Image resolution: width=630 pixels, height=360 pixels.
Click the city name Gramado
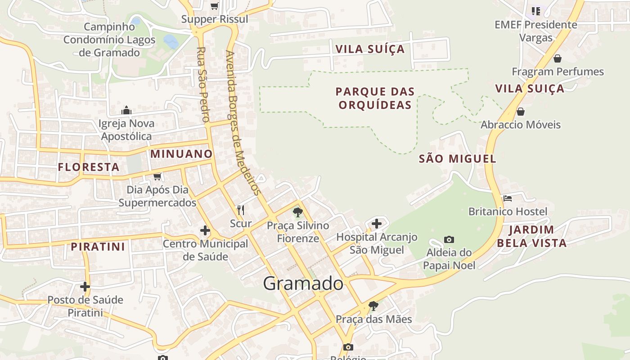coord(303,283)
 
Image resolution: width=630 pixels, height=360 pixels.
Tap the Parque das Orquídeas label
coord(375,99)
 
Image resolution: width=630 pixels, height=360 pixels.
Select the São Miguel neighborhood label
coord(457,159)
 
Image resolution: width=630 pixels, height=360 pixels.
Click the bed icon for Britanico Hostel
coord(508,198)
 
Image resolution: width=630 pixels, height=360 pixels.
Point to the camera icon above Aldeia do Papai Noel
coord(449,239)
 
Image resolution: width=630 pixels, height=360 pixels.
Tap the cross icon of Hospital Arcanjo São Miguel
coord(376,223)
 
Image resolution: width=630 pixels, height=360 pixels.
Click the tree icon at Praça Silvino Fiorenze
coord(297,212)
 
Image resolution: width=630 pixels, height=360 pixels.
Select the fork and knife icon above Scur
coord(241,210)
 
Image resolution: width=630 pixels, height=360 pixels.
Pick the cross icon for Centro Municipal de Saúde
coord(205,230)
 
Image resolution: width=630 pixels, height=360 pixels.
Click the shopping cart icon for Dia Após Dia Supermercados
coord(157,176)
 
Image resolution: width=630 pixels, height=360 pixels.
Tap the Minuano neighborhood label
coord(181,154)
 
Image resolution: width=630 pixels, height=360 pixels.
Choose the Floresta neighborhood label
coord(89,167)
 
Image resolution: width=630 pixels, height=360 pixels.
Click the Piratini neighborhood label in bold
coord(98,247)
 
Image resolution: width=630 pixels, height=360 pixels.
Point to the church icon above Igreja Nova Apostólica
coord(126,110)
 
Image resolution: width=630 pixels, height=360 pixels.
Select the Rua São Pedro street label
coord(202,85)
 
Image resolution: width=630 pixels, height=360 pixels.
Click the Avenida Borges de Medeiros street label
coord(243,122)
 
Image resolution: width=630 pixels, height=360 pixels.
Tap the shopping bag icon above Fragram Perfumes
coord(557,58)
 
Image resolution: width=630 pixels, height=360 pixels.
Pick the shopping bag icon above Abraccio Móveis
coord(520,112)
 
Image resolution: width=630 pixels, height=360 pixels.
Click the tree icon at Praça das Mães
coord(373,306)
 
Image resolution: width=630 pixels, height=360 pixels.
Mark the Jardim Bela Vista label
coord(531,237)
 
